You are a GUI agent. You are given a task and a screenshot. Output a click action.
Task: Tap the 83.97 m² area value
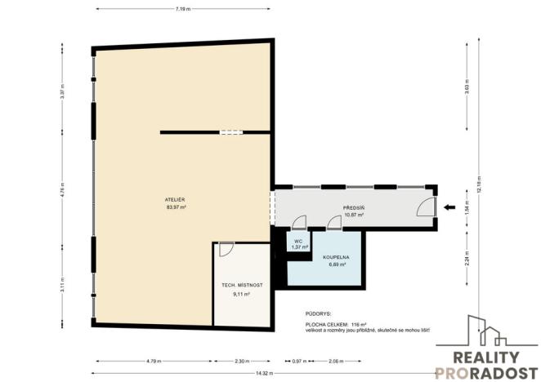176,208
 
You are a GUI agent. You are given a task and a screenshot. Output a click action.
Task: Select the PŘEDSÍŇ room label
354,208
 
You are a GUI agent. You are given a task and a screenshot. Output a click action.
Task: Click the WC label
299,241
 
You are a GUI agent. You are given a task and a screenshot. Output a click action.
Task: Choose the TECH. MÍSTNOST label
242,285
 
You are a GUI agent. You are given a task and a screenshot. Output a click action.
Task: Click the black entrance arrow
449,208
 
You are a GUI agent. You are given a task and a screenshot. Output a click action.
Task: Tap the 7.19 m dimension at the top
183,9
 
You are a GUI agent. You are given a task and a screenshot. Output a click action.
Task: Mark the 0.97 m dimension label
297,360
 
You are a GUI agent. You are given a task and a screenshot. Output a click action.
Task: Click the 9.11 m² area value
242,293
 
